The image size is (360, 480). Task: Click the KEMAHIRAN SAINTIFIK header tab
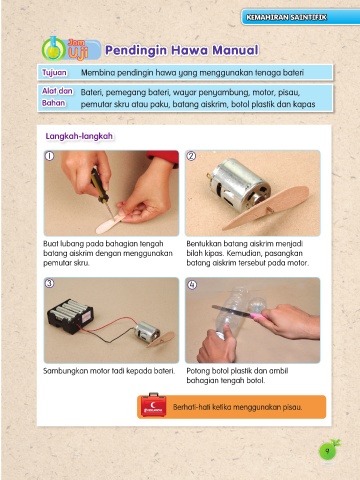click(301, 17)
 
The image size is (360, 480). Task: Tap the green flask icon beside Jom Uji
click(53, 49)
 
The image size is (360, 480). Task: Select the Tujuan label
click(54, 72)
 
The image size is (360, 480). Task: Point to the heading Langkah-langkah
click(79, 136)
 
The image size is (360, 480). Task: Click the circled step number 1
click(49, 156)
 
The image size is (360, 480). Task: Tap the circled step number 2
click(191, 156)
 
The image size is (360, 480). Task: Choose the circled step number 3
click(49, 283)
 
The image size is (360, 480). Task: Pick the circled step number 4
click(192, 285)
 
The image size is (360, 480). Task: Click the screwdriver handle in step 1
click(99, 185)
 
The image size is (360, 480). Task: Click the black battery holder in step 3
click(70, 315)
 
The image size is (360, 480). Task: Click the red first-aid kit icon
click(153, 405)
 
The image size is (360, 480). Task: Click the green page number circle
click(327, 451)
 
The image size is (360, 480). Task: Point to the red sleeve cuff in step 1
click(163, 157)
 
